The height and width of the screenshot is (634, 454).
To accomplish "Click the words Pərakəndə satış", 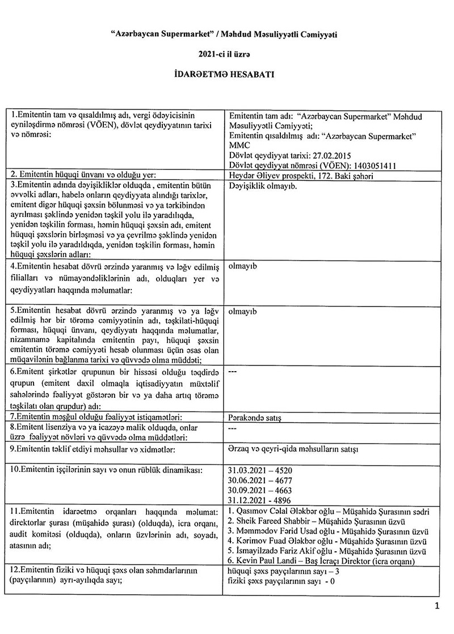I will (x=254, y=418).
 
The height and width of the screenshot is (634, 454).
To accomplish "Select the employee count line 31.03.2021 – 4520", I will (x=258, y=471).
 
